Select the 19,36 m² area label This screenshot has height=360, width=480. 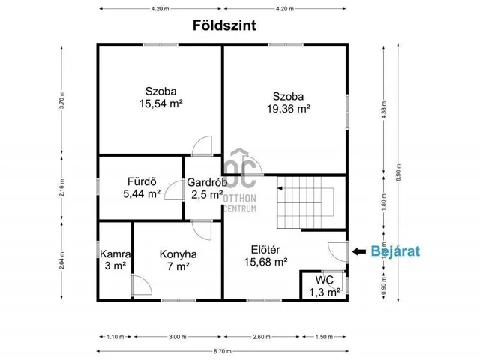(288, 108)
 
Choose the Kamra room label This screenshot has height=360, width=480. (115, 253)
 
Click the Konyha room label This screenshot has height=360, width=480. (178, 253)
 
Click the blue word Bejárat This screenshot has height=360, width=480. (395, 251)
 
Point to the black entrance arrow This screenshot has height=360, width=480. (360, 251)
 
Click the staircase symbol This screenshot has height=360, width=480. (304, 202)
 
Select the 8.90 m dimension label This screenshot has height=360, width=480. (408, 171)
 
